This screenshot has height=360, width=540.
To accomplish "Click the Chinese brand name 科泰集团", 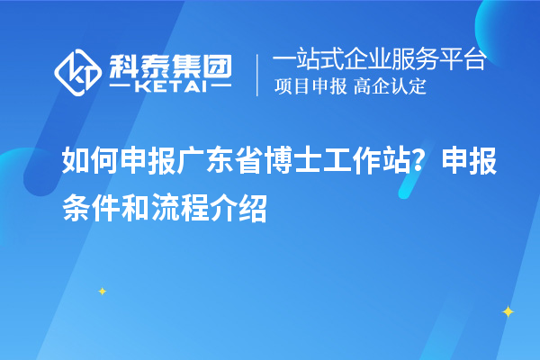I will [168, 64].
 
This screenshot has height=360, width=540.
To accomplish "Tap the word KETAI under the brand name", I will [169, 86].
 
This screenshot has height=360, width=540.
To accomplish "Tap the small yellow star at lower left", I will [102, 291].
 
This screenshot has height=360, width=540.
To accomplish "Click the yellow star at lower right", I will [508, 311].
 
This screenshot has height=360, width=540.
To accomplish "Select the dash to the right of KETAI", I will [218, 86].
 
